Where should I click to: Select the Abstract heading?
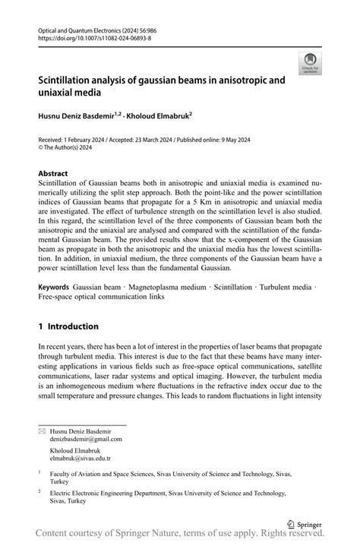point(54,173)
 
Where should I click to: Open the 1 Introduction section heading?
point(68,327)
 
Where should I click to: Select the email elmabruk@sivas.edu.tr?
point(80,459)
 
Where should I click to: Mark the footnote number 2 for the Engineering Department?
point(39,492)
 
